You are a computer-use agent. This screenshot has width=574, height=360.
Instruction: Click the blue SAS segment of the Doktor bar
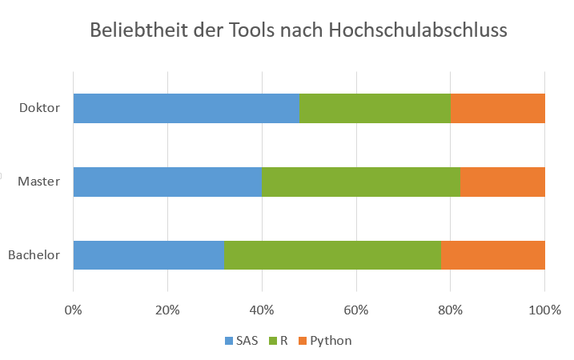[x=187, y=108]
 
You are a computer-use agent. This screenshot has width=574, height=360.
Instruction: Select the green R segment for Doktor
[x=375, y=108]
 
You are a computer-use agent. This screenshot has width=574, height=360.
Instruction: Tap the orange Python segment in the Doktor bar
[x=498, y=108]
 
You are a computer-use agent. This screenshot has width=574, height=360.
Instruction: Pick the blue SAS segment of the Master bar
[x=167, y=182]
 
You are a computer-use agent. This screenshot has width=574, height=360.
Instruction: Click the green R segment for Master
[x=361, y=182]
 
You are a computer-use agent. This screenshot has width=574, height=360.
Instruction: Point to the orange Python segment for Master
[x=503, y=182]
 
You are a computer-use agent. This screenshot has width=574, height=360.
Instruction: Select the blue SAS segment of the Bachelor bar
[x=149, y=255]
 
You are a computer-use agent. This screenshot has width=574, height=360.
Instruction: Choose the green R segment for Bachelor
[x=332, y=255]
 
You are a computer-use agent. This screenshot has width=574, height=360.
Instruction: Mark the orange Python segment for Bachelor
[x=493, y=255]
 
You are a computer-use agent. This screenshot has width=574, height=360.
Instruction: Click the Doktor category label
[x=39, y=108]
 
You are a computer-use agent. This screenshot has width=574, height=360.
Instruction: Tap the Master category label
[x=38, y=182]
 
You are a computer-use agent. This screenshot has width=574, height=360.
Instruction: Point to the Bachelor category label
[x=34, y=255]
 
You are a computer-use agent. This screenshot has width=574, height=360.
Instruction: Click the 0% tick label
[x=73, y=310]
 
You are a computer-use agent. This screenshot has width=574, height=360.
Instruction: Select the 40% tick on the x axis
[x=262, y=310]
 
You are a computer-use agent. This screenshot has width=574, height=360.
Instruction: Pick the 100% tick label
[x=544, y=310]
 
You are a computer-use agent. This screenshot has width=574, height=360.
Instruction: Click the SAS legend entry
[x=242, y=341]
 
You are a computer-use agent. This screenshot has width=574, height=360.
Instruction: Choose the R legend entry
[x=279, y=341]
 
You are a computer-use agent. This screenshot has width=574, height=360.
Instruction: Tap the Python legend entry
[x=326, y=341]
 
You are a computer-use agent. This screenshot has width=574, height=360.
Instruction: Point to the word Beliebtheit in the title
[x=139, y=30]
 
